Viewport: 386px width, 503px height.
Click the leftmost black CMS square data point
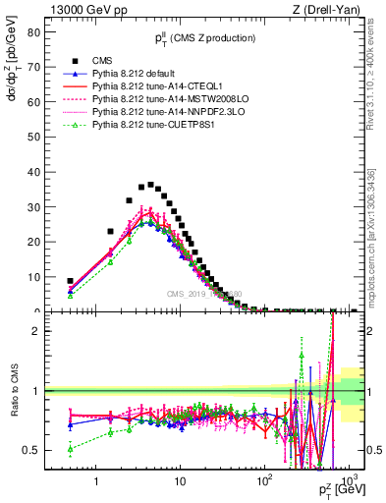(x=70, y=281)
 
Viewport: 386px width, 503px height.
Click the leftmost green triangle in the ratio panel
(x=70, y=449)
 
